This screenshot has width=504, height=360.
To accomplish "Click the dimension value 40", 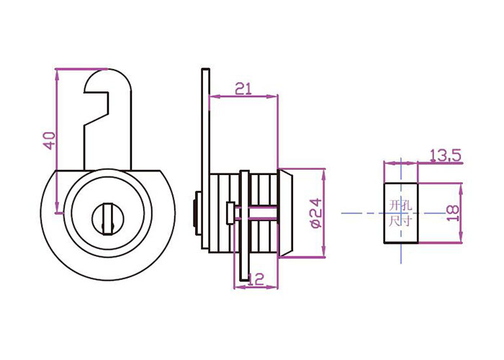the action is point(50,140).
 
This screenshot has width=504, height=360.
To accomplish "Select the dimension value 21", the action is point(243,89).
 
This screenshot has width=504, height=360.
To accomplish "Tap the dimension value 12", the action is point(256,279).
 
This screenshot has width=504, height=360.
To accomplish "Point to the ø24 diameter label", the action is point(316,213).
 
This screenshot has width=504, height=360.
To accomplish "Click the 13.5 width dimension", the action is point(446,156).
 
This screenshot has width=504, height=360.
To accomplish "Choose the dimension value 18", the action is point(453,213).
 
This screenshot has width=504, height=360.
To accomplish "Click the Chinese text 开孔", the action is point(400,205).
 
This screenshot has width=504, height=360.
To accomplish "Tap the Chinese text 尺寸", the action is point(400,221).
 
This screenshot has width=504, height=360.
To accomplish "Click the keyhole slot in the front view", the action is point(108,219).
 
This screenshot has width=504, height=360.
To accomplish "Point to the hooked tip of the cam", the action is point(96,81).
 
